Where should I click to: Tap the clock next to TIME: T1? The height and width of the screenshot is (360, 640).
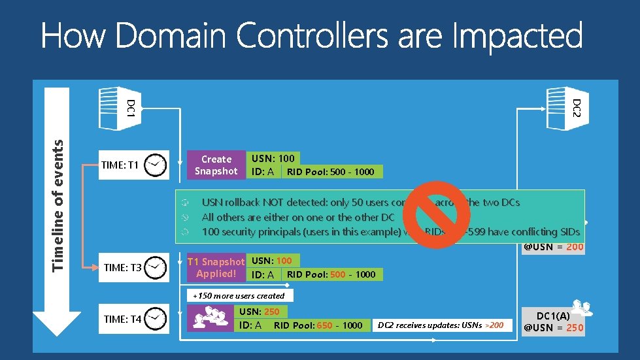click(156, 165)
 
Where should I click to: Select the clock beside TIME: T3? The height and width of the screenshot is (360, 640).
click(156, 267)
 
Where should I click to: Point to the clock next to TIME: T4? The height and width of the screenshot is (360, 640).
click(156, 319)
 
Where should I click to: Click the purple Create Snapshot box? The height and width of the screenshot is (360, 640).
click(216, 165)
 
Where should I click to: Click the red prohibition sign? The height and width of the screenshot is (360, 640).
click(441, 215)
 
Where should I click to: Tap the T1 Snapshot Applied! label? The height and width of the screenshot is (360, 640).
click(216, 267)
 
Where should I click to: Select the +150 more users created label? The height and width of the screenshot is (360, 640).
click(239, 295)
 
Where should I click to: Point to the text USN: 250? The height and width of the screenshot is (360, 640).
click(260, 312)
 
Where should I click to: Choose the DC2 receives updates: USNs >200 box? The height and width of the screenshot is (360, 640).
click(441, 325)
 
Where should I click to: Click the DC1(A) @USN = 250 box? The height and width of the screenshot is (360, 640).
click(553, 321)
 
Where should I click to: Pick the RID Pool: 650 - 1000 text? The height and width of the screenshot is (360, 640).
click(318, 325)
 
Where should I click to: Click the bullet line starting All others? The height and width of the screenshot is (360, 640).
click(298, 217)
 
